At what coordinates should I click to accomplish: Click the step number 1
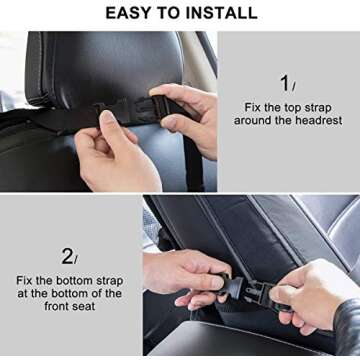tap(285, 83)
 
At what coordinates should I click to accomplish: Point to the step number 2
tap(67, 256)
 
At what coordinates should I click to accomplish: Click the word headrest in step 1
tap(315, 120)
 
